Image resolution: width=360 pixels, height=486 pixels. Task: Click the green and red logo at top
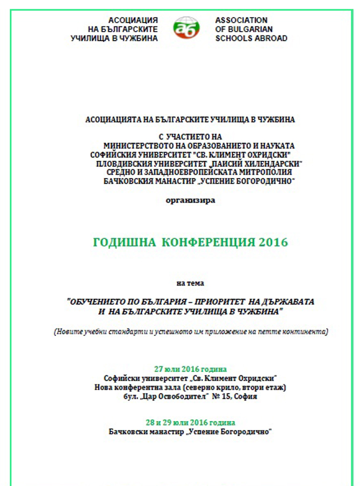pyautogui.click(x=186, y=28)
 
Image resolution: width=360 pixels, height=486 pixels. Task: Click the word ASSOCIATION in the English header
pyautogui.click(x=241, y=20)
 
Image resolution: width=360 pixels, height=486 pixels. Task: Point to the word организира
pyautogui.click(x=190, y=200)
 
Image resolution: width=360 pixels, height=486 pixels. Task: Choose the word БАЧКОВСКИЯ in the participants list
pyautogui.click(x=129, y=181)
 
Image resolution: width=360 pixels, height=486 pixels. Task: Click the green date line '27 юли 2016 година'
pyautogui.click(x=190, y=369)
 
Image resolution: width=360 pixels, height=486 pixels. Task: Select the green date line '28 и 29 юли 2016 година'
pyautogui.click(x=190, y=423)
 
